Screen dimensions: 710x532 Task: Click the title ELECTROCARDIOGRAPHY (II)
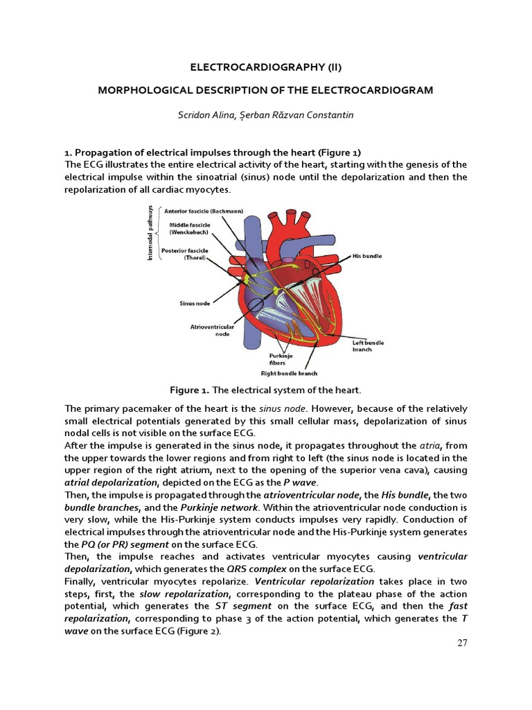pyautogui.click(x=266, y=67)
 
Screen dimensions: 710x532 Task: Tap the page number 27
pyautogui.click(x=463, y=643)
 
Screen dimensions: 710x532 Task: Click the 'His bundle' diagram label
pyautogui.click(x=367, y=256)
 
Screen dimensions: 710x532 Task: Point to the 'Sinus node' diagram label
pyautogui.click(x=195, y=304)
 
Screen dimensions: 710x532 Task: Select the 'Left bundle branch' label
pyautogui.click(x=368, y=346)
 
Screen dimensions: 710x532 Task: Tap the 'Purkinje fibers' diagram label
pyautogui.click(x=281, y=358)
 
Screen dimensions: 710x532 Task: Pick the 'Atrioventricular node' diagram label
pyautogui.click(x=211, y=329)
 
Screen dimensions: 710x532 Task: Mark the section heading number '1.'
pyautogui.click(x=69, y=153)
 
